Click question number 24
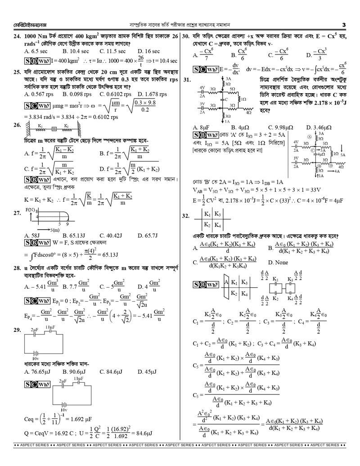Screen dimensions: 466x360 point(17,36)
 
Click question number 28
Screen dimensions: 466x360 point(17,268)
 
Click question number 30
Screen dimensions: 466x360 point(186,36)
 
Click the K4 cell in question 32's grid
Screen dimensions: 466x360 point(217,225)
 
